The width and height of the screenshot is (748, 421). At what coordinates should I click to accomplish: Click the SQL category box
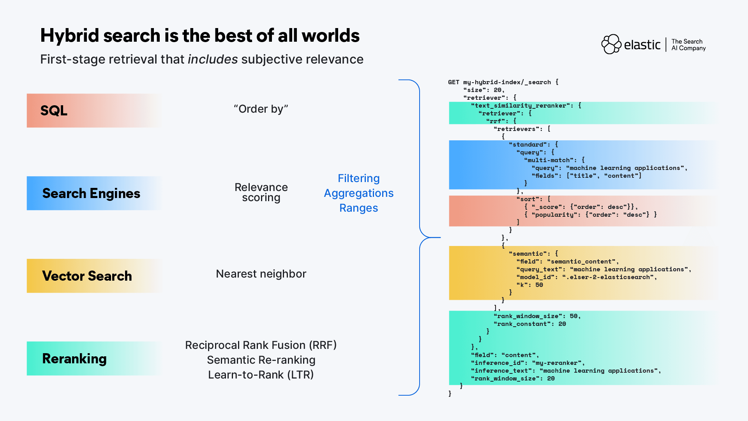click(93, 111)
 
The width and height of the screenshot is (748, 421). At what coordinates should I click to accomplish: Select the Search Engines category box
click(93, 193)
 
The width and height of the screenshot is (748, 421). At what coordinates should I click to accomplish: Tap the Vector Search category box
click(93, 276)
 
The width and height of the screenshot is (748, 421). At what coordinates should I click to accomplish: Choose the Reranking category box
click(93, 359)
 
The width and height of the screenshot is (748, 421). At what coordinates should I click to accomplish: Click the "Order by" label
click(261, 109)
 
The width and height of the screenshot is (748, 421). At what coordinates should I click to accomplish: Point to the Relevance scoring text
click(261, 193)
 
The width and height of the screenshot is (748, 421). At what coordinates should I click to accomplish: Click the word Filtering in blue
click(358, 179)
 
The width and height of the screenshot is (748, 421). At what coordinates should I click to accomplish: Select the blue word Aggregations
click(358, 193)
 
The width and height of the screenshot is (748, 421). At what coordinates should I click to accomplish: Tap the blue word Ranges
click(358, 208)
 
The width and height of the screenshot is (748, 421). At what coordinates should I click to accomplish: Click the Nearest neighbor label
click(261, 274)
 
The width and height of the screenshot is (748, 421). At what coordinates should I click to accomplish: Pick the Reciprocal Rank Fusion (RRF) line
click(261, 345)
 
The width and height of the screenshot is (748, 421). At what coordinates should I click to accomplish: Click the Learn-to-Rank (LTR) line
click(261, 375)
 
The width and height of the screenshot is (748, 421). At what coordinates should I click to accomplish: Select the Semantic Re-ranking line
click(261, 360)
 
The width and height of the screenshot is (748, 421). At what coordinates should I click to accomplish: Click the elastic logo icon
click(611, 44)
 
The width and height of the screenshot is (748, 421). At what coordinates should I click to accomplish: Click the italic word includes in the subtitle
click(213, 60)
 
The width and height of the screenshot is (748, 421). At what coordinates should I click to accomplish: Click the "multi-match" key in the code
click(549, 160)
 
